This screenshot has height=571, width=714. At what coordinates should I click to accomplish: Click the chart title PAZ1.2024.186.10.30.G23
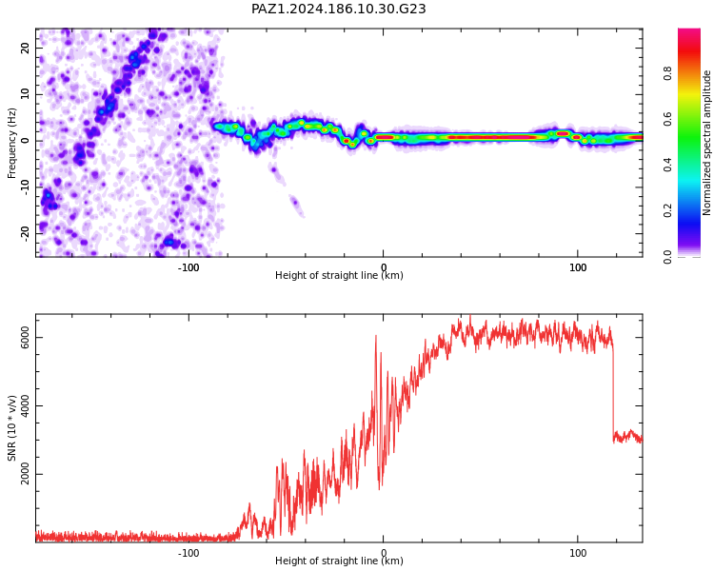pyautogui.click(x=339, y=9)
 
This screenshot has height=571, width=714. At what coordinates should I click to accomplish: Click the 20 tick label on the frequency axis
pyautogui.click(x=25, y=49)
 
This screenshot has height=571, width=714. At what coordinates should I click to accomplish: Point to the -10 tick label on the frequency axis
pyautogui.click(x=25, y=187)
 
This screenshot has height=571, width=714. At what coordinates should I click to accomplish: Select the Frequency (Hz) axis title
pyautogui.click(x=11, y=143)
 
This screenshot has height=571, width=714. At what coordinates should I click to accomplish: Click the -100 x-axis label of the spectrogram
pyautogui.click(x=188, y=267)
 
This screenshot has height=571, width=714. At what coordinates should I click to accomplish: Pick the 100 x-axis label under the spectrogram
pyautogui.click(x=578, y=267)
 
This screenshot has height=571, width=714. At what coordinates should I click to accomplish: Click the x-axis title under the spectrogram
pyautogui.click(x=339, y=275)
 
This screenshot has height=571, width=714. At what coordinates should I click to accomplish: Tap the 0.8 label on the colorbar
pyautogui.click(x=667, y=73)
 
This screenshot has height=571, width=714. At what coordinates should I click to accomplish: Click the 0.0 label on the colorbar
pyautogui.click(x=667, y=257)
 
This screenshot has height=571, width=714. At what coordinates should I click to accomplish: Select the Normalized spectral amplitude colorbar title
pyautogui.click(x=706, y=143)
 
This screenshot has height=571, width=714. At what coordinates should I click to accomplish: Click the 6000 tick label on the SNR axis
pyautogui.click(x=25, y=338)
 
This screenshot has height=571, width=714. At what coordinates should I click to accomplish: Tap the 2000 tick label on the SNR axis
pyautogui.click(x=25, y=474)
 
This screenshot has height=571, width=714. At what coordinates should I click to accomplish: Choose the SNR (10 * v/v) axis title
pyautogui.click(x=11, y=428)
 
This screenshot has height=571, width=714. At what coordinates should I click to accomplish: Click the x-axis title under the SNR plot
pyautogui.click(x=339, y=561)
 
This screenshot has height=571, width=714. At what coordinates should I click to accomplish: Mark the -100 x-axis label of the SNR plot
pyautogui.click(x=188, y=553)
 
